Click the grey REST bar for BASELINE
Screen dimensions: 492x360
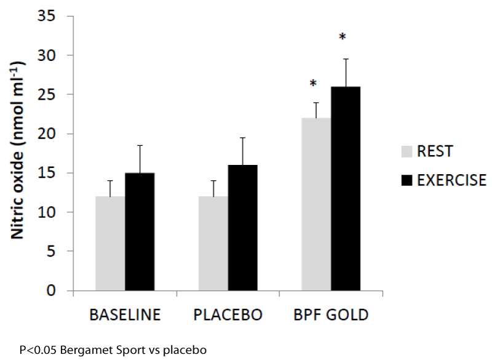[110, 243]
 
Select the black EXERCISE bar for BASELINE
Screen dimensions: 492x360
[140, 231]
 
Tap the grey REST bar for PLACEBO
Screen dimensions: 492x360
[213, 243]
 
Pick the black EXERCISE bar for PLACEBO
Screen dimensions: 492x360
[243, 228]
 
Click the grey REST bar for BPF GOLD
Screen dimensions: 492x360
[316, 204]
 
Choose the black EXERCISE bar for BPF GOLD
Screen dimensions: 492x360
[346, 188]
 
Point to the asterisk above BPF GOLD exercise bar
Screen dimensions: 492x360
[343, 37]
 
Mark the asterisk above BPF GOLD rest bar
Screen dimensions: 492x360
[313, 84]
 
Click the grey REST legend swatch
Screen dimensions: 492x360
[407, 151]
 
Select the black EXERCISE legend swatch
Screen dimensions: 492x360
[407, 180]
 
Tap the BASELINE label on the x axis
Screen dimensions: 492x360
[125, 315]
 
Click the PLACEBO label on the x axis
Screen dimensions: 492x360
[228, 315]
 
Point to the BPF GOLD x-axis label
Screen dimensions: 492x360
[331, 315]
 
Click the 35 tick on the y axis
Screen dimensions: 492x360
[47, 16]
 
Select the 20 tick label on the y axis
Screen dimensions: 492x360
[47, 134]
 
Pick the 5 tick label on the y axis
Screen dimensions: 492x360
[51, 251]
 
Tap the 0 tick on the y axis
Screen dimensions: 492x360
[51, 290]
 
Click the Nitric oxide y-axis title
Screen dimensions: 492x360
[18, 150]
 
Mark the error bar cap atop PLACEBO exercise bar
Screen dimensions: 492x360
[243, 138]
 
